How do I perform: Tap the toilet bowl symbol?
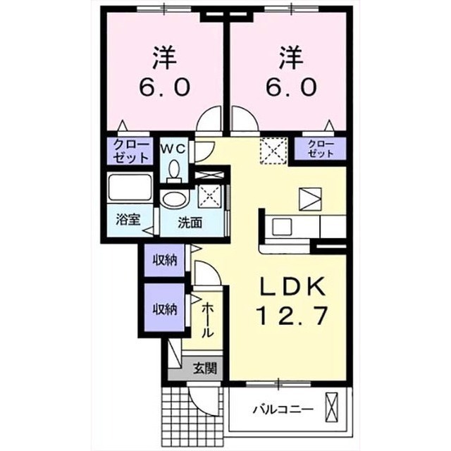tap(174, 171)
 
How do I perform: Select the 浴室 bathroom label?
tap(128, 220)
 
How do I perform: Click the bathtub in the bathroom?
tap(130, 187)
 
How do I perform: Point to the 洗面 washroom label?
tap(190, 223)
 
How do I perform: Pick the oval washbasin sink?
tap(175, 199)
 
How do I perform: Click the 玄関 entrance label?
tap(205, 368)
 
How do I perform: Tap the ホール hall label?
tap(208, 321)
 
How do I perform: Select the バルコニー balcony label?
tap(283, 409)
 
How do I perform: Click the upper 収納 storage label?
tap(164, 260)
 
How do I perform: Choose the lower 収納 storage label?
tap(164, 309)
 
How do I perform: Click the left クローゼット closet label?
tap(131, 151)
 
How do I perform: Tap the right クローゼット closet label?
tap(321, 149)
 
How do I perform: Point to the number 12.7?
tap(293, 316)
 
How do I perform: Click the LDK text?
tap(293, 286)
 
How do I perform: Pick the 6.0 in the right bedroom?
tap(291, 87)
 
